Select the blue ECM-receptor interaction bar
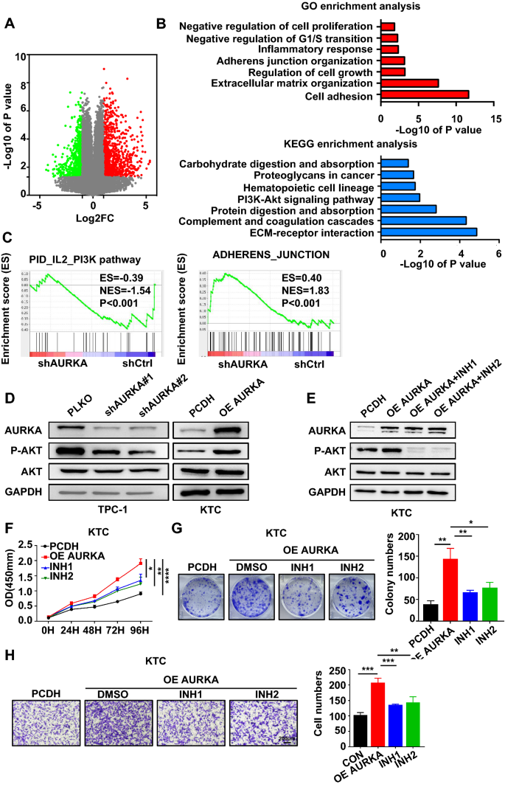coord(429,232)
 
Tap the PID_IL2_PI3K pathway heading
coord(88,259)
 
